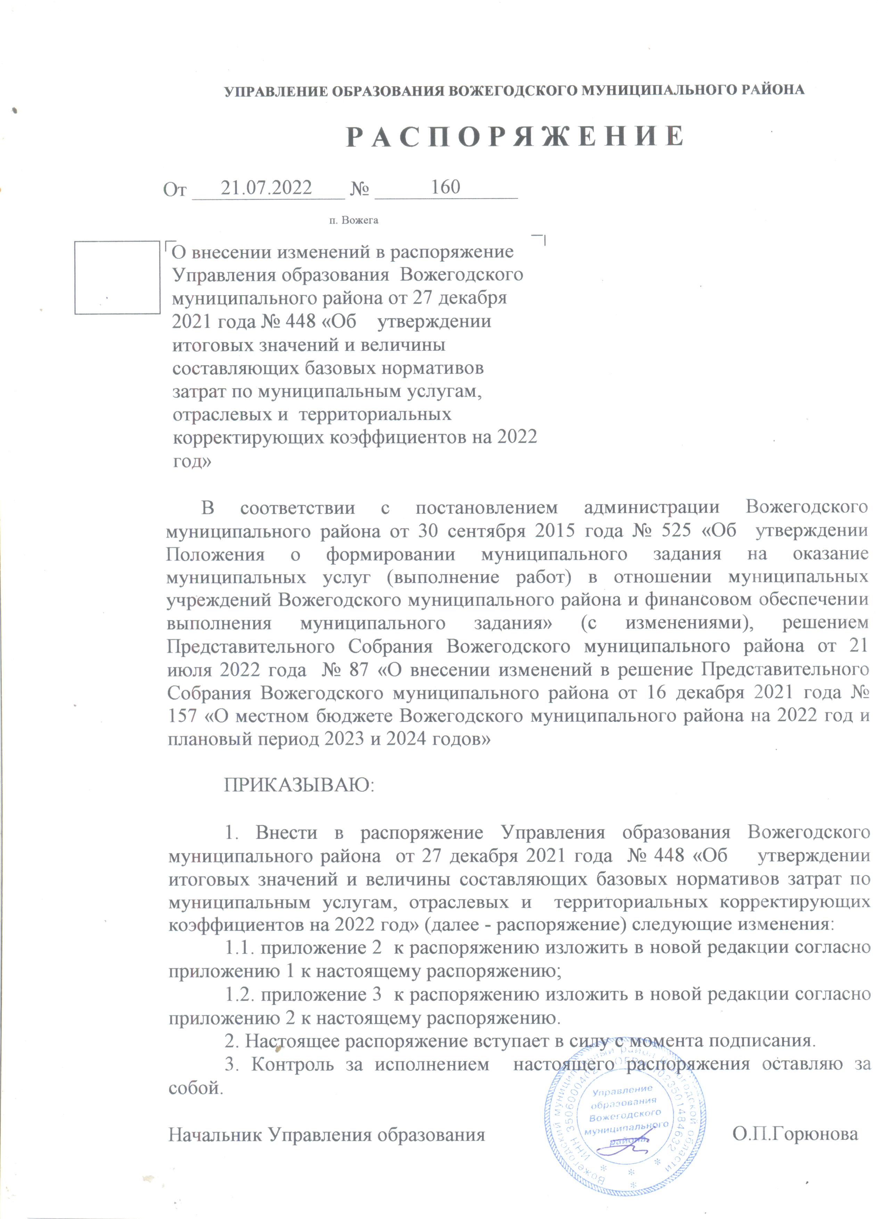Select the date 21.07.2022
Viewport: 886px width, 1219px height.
point(266,188)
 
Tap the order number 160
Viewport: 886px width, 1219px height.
point(446,187)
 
